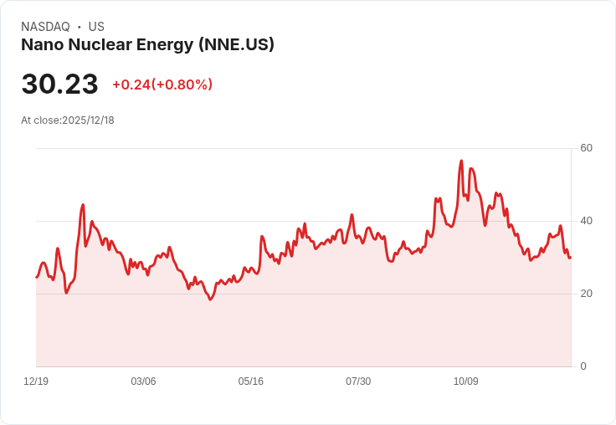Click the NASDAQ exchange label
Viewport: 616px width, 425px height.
coord(45,27)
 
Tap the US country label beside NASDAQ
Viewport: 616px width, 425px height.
coord(96,27)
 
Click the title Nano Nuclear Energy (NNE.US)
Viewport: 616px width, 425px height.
coord(147,45)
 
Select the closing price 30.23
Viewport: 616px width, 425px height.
coord(59,84)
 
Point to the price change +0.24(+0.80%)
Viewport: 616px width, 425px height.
coord(162,84)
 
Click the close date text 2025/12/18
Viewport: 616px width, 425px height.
coord(88,120)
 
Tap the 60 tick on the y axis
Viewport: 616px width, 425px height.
coord(586,148)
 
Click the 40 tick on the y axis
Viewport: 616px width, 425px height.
coord(586,221)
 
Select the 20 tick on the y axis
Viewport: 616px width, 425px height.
coord(586,294)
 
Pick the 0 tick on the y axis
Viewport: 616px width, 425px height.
coord(583,366)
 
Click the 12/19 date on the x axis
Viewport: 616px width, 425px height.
coord(36,381)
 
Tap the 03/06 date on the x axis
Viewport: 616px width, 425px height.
coord(143,381)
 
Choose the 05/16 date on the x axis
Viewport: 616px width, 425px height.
coord(251,381)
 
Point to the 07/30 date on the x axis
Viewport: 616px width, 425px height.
coord(358,381)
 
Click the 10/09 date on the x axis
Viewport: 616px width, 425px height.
coord(465,381)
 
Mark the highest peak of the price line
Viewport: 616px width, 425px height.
coord(461,161)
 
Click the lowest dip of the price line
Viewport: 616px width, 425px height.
coord(210,300)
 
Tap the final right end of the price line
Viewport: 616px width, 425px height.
coord(570,258)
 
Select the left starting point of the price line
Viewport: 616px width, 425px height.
coord(37,277)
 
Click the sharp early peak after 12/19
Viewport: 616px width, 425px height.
coord(83,204)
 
